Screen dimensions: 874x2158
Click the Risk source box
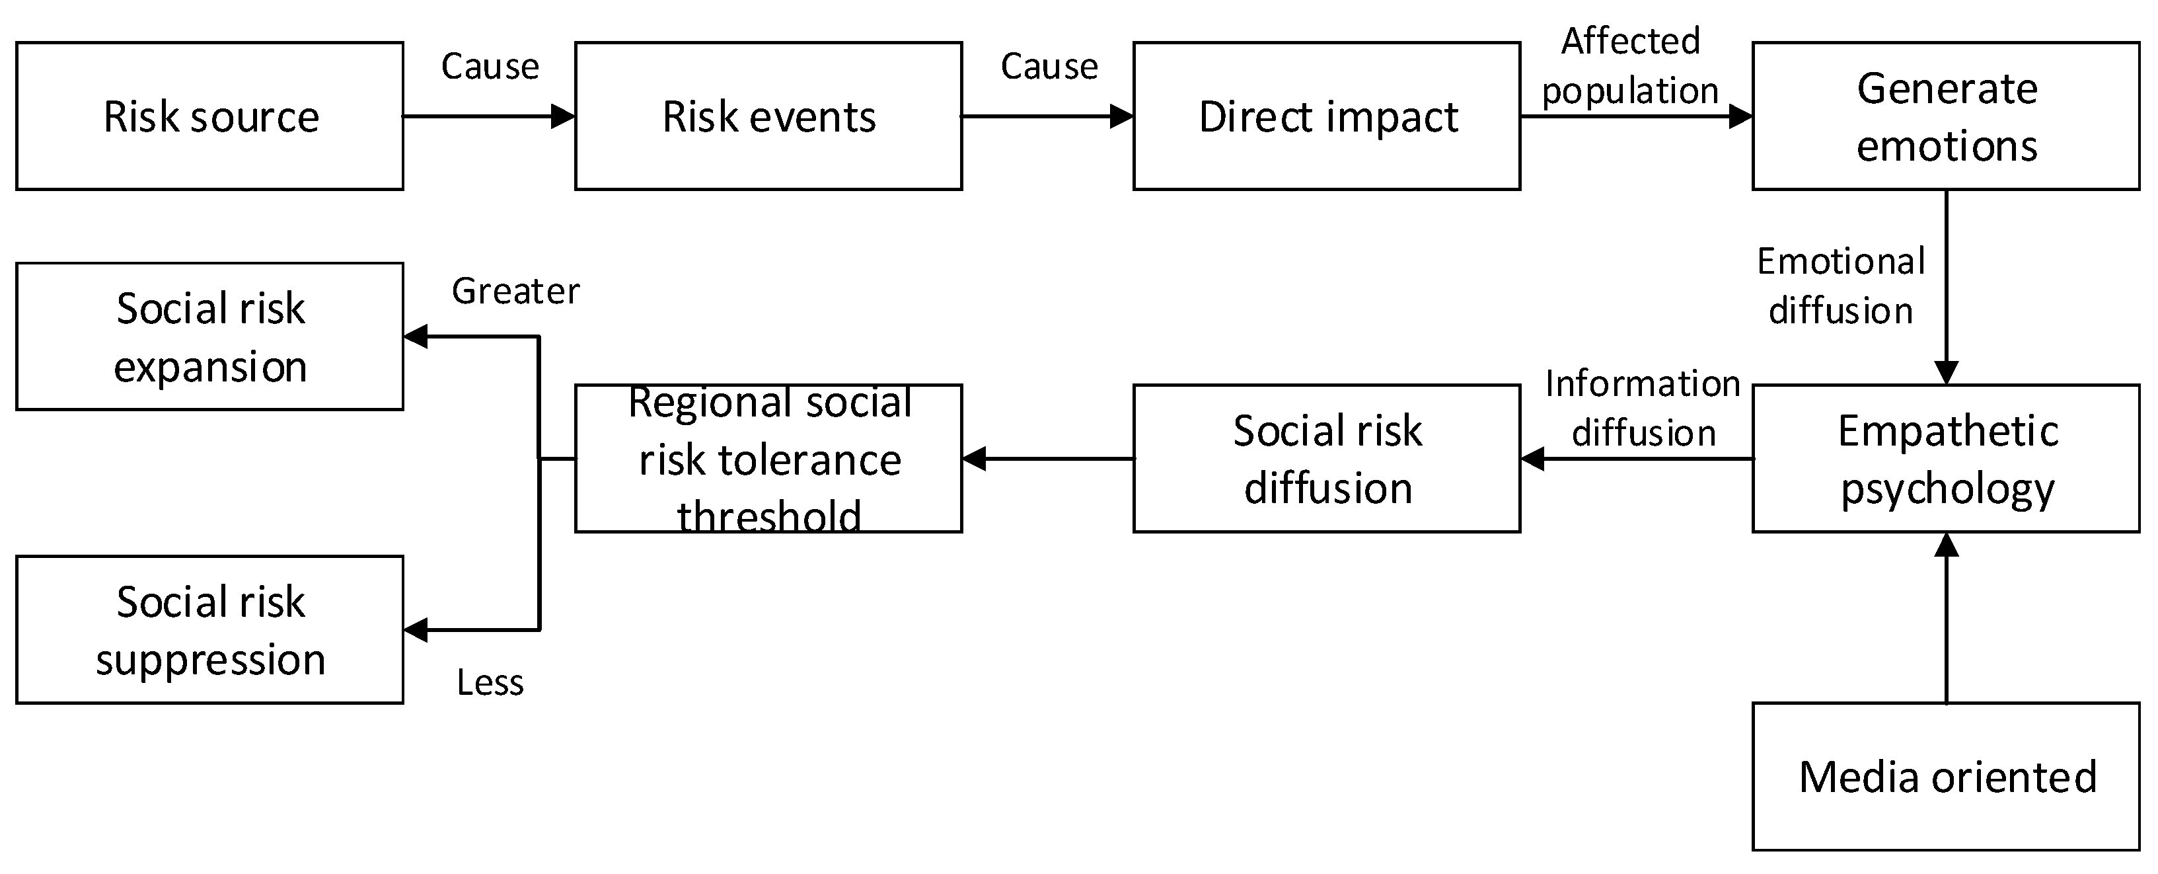coord(209,116)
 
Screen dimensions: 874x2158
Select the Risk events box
coord(768,116)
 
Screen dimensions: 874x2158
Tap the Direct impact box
coord(1326,116)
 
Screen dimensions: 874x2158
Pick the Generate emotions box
coord(1945,116)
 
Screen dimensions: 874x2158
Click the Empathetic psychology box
coord(1945,458)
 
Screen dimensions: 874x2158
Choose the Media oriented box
coord(1945,776)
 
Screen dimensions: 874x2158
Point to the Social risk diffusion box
coord(1326,458)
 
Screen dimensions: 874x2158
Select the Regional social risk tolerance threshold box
coord(768,458)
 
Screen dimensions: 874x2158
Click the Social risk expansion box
coord(209,336)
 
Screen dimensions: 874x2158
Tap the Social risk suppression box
coord(209,629)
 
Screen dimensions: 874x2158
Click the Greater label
coord(515,292)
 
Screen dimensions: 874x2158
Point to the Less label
coord(490,682)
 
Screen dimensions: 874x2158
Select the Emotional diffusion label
coord(1840,286)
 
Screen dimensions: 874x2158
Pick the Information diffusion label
coord(1643,408)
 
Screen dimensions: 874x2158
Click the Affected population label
coord(1630,65)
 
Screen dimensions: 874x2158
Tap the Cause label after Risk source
coord(490,66)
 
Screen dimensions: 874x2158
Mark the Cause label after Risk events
coord(1049,66)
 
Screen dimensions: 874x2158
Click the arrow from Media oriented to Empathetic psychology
coord(1945,620)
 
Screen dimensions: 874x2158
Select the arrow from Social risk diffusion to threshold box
coord(1047,458)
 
